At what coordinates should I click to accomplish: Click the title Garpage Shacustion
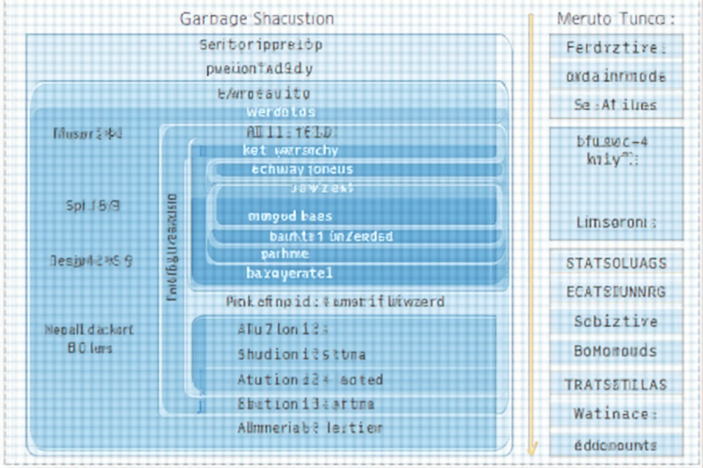(257, 19)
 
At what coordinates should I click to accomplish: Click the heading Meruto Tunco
(616, 19)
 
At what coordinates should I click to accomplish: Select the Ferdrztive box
(616, 48)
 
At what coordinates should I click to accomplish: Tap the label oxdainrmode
(616, 76)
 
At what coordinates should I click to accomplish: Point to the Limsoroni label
(616, 222)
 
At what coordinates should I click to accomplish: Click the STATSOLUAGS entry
(616, 263)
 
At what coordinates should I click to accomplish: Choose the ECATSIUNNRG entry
(616, 292)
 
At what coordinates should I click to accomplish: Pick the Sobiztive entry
(616, 321)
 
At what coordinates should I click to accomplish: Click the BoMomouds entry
(616, 351)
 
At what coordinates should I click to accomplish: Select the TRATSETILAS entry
(616, 385)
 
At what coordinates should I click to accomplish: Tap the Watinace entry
(616, 414)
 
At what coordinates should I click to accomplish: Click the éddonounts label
(616, 445)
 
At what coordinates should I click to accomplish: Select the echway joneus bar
(301, 169)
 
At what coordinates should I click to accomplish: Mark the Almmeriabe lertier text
(310, 428)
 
